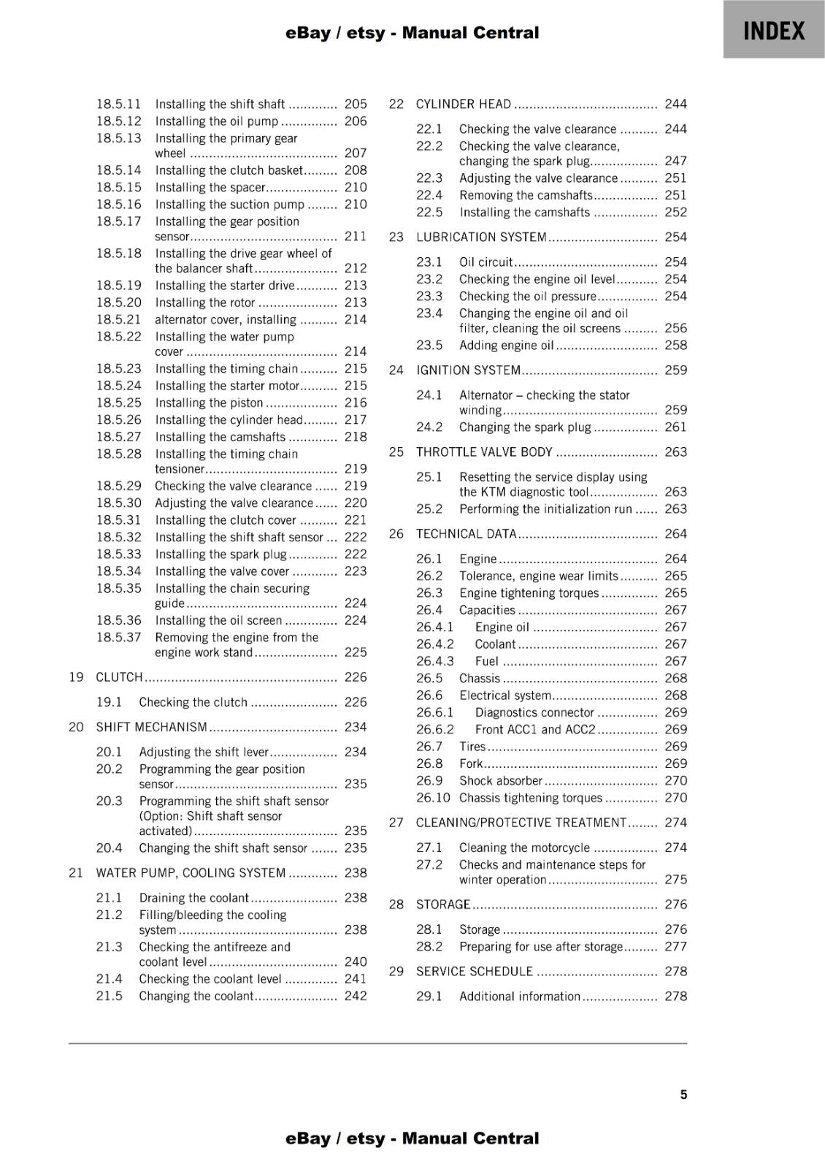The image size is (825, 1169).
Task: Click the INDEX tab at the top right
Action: point(774,31)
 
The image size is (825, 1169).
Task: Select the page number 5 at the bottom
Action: point(683,1094)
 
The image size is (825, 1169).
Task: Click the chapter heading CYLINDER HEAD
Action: point(464,104)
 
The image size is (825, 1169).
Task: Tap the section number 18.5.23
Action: point(119,369)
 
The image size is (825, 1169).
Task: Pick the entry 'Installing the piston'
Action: point(209,403)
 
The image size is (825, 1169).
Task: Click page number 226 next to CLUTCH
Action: point(356,677)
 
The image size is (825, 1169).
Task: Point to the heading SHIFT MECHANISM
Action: point(152,727)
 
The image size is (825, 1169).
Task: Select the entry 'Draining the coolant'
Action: point(194,898)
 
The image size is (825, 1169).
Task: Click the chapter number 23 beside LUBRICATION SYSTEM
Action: point(396,237)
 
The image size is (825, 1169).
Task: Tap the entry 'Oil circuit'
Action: point(486,262)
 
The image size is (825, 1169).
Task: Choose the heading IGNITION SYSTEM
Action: point(468,370)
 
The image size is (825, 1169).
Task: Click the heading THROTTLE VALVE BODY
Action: point(484,452)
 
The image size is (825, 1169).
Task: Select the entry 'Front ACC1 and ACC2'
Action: point(535,730)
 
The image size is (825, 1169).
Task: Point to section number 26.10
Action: point(433,798)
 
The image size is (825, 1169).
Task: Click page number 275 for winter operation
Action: point(675,880)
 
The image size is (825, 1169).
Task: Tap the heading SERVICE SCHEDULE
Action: point(475,972)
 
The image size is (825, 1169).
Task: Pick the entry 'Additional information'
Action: point(520,997)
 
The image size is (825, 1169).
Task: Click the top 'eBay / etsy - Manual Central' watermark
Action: point(412,33)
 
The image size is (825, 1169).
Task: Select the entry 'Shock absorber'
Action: point(501,781)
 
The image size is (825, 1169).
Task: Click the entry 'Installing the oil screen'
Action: point(218,621)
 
